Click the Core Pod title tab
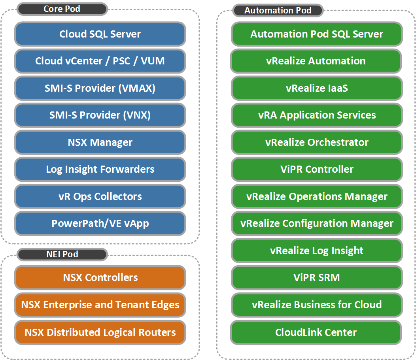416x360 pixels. pos(62,9)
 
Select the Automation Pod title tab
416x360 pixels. pos(278,11)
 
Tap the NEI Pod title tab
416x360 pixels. pos(62,254)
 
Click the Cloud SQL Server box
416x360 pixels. pos(100,34)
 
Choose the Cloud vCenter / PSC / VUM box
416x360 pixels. pos(100,61)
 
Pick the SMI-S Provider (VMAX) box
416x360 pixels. pos(100,88)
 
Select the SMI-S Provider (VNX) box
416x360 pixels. pos(100,115)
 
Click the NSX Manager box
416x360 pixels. pos(100,142)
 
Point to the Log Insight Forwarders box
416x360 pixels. pos(100,169)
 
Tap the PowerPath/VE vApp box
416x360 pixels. pos(100,223)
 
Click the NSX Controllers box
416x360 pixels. pos(100,277)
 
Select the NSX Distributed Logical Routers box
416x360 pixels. pos(100,332)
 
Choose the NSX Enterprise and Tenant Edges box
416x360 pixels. pos(100,305)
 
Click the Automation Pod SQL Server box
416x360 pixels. pos(316,34)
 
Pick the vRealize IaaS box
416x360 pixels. pos(316,88)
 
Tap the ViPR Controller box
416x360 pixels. pos(316,169)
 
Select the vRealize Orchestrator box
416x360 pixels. pos(316,142)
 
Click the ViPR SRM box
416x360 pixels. pos(316,277)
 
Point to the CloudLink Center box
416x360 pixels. pos(316,332)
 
